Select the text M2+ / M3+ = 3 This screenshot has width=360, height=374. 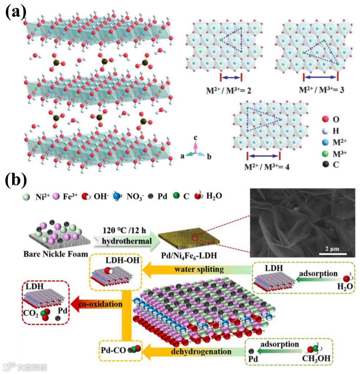tap(321, 90)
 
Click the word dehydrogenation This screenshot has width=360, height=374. tap(201, 351)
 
